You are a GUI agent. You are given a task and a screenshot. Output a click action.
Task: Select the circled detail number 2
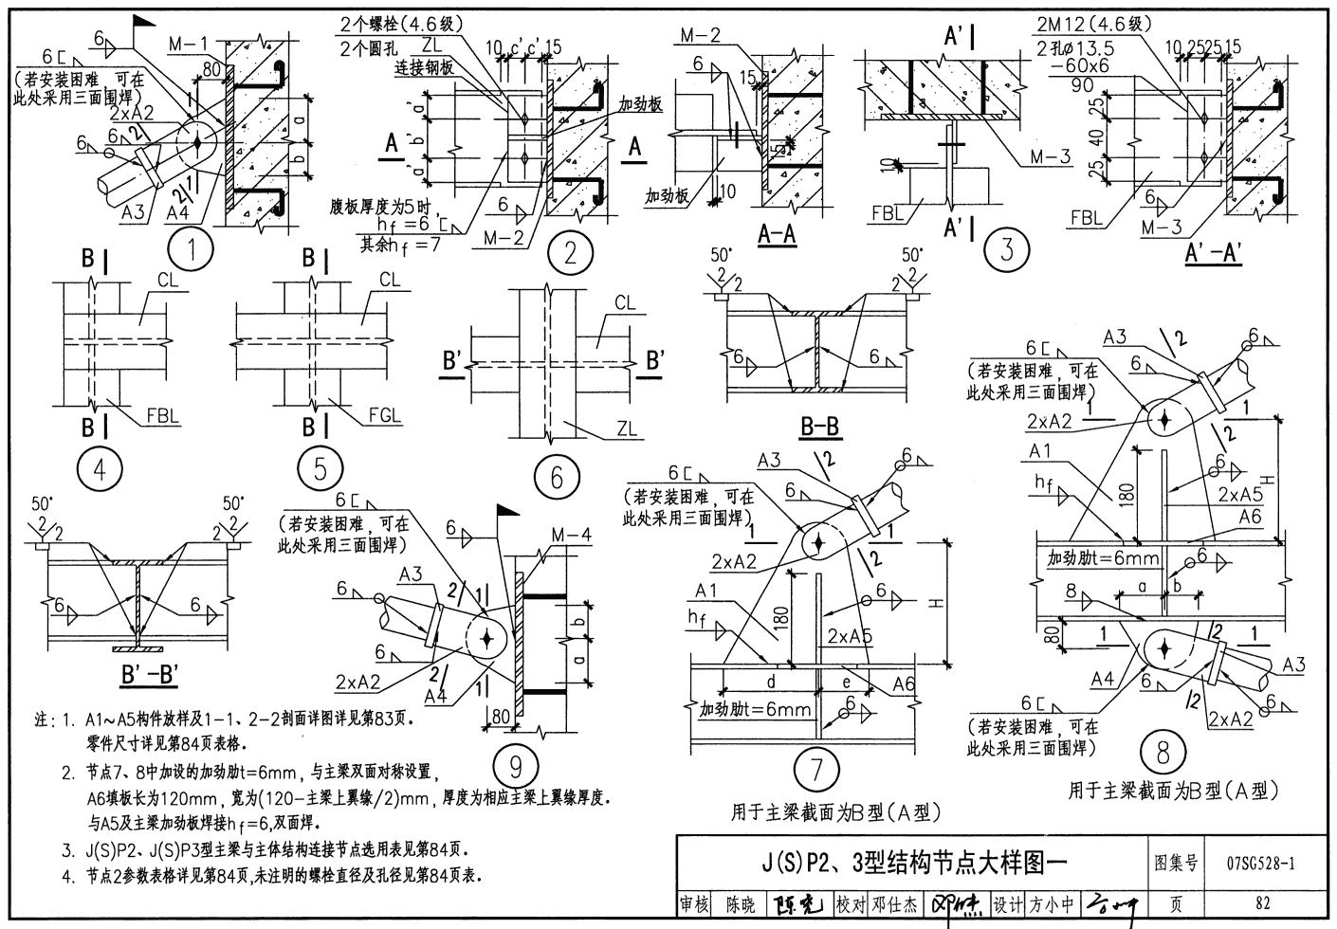[x=571, y=252]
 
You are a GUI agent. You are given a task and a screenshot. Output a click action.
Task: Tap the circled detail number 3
[x=1006, y=249]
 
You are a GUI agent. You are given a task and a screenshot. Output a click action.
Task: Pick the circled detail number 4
[x=103, y=470]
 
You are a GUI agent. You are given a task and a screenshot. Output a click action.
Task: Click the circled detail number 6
[x=557, y=477]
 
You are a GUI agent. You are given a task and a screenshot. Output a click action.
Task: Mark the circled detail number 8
[x=1163, y=754]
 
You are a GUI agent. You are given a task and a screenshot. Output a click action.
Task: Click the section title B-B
[x=820, y=428]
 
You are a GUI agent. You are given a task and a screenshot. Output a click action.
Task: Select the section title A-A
[x=777, y=234]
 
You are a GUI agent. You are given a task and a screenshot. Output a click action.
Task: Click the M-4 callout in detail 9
[x=571, y=536]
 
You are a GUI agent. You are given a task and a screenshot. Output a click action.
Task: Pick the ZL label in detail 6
[x=627, y=429]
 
